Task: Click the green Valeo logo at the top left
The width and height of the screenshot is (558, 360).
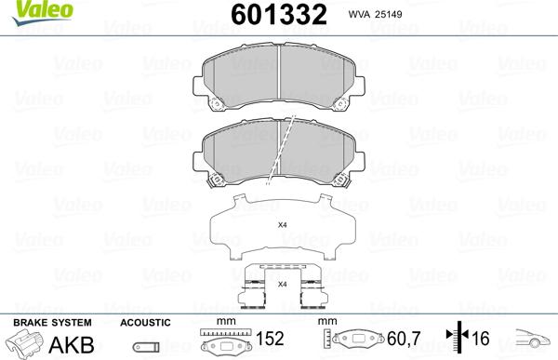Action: click(43, 12)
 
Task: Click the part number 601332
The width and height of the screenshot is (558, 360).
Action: click(279, 14)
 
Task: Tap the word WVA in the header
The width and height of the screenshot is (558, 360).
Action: click(359, 14)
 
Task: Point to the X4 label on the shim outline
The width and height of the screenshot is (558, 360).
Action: click(282, 225)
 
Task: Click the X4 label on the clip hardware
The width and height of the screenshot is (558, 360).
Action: click(282, 284)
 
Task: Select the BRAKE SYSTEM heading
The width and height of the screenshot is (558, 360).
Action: click(52, 323)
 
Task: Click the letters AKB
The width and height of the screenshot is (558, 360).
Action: click(72, 345)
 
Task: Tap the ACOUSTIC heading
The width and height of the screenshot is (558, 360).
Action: click(145, 323)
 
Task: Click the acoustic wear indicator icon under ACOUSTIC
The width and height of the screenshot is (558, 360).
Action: click(146, 347)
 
